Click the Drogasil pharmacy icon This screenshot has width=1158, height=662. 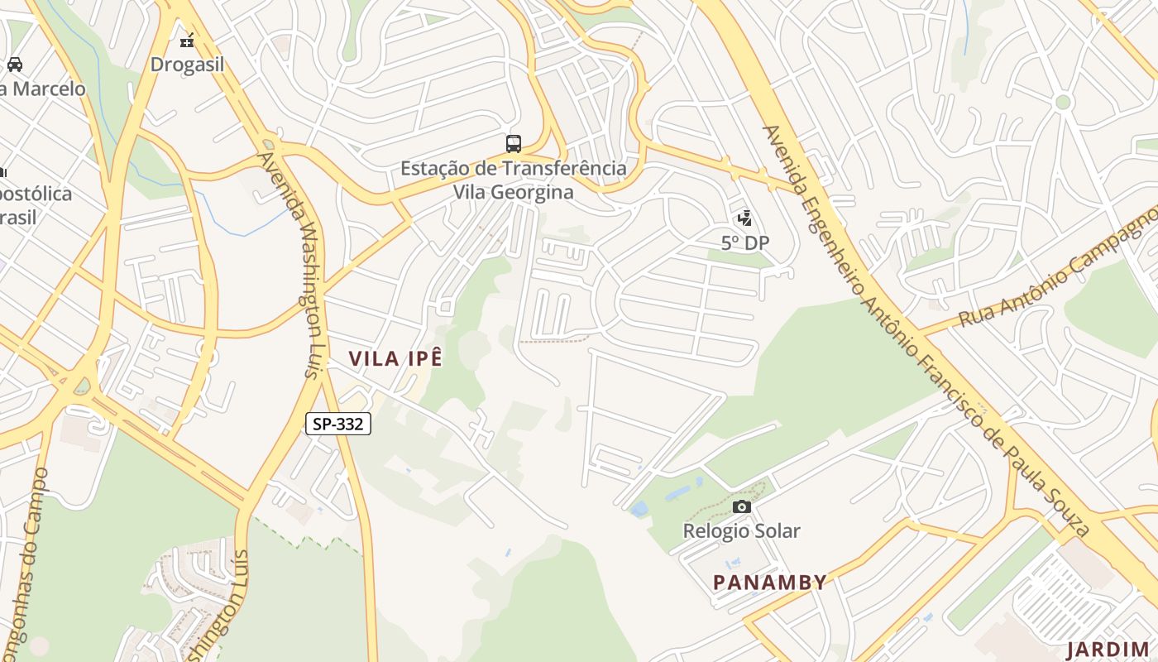point(188,38)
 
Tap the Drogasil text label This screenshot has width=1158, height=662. point(187,65)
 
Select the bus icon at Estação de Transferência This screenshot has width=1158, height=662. point(514,144)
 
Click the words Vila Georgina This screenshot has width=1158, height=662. point(513,192)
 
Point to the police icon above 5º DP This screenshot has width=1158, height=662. point(744,218)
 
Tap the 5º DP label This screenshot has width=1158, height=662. point(744,242)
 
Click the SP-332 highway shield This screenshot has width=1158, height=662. point(338,424)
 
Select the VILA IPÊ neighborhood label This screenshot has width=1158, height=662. point(395,358)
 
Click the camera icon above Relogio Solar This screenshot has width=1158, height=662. point(742,506)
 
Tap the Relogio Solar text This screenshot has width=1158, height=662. point(741,530)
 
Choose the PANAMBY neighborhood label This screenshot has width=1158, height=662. point(769,582)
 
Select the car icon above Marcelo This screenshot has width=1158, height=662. point(15,64)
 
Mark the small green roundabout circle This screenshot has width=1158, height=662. point(1063,102)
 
